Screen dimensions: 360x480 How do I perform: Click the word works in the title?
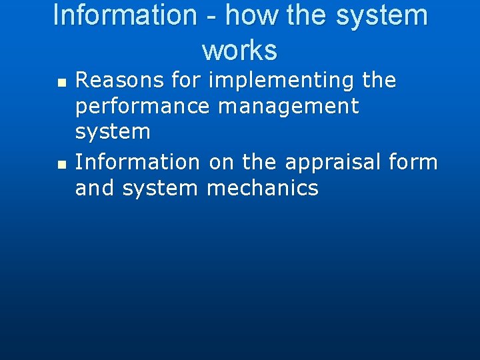239,50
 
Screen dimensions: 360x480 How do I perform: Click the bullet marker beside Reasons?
61,83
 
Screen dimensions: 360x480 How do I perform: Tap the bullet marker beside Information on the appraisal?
61,164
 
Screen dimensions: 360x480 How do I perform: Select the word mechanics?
263,188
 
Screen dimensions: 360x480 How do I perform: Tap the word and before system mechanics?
95,188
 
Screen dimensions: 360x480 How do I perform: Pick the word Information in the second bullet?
137,162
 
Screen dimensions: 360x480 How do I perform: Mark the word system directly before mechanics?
161,189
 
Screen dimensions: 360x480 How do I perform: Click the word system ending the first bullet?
113,133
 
